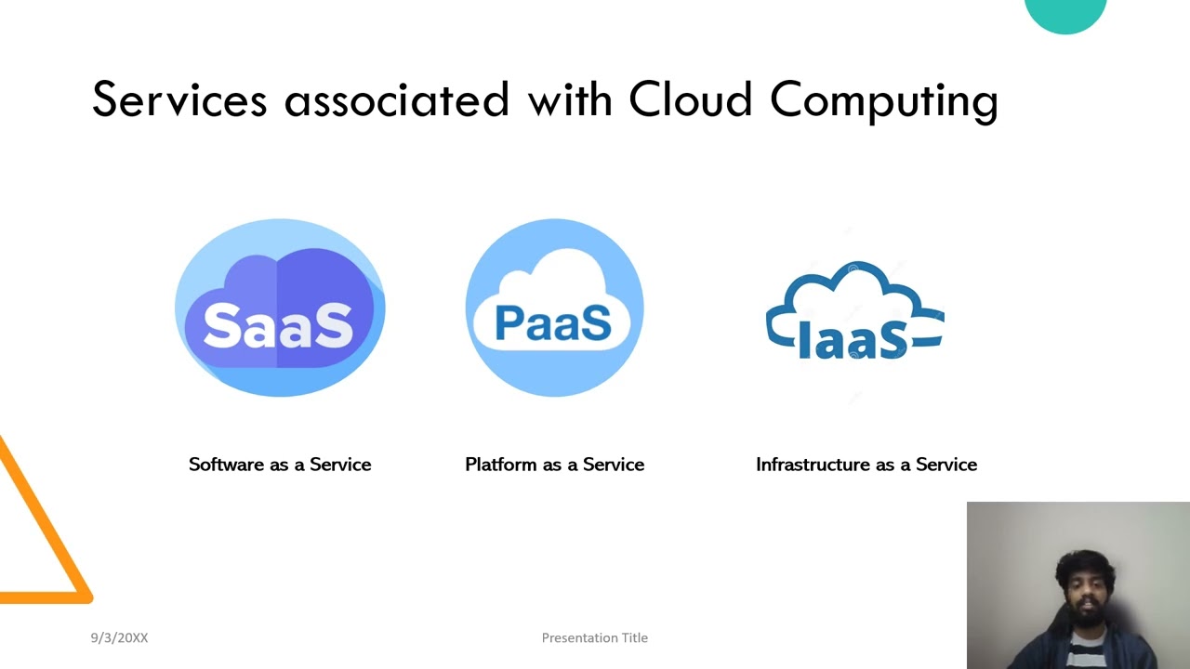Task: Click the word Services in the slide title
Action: click(x=178, y=99)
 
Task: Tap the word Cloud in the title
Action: click(x=690, y=99)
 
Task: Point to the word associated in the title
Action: click(x=396, y=99)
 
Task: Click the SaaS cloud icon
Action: click(x=280, y=308)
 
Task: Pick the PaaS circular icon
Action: click(x=554, y=308)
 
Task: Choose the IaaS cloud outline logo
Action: click(x=854, y=311)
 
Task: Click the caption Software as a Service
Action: click(x=280, y=465)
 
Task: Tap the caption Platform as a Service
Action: click(x=554, y=465)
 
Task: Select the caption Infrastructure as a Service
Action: click(x=866, y=465)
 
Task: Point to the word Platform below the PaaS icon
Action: click(x=500, y=465)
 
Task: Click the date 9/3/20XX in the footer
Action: click(x=119, y=637)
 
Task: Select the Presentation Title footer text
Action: click(x=595, y=637)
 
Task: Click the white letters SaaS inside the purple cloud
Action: click(x=278, y=324)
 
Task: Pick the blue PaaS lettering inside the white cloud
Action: click(x=553, y=322)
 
